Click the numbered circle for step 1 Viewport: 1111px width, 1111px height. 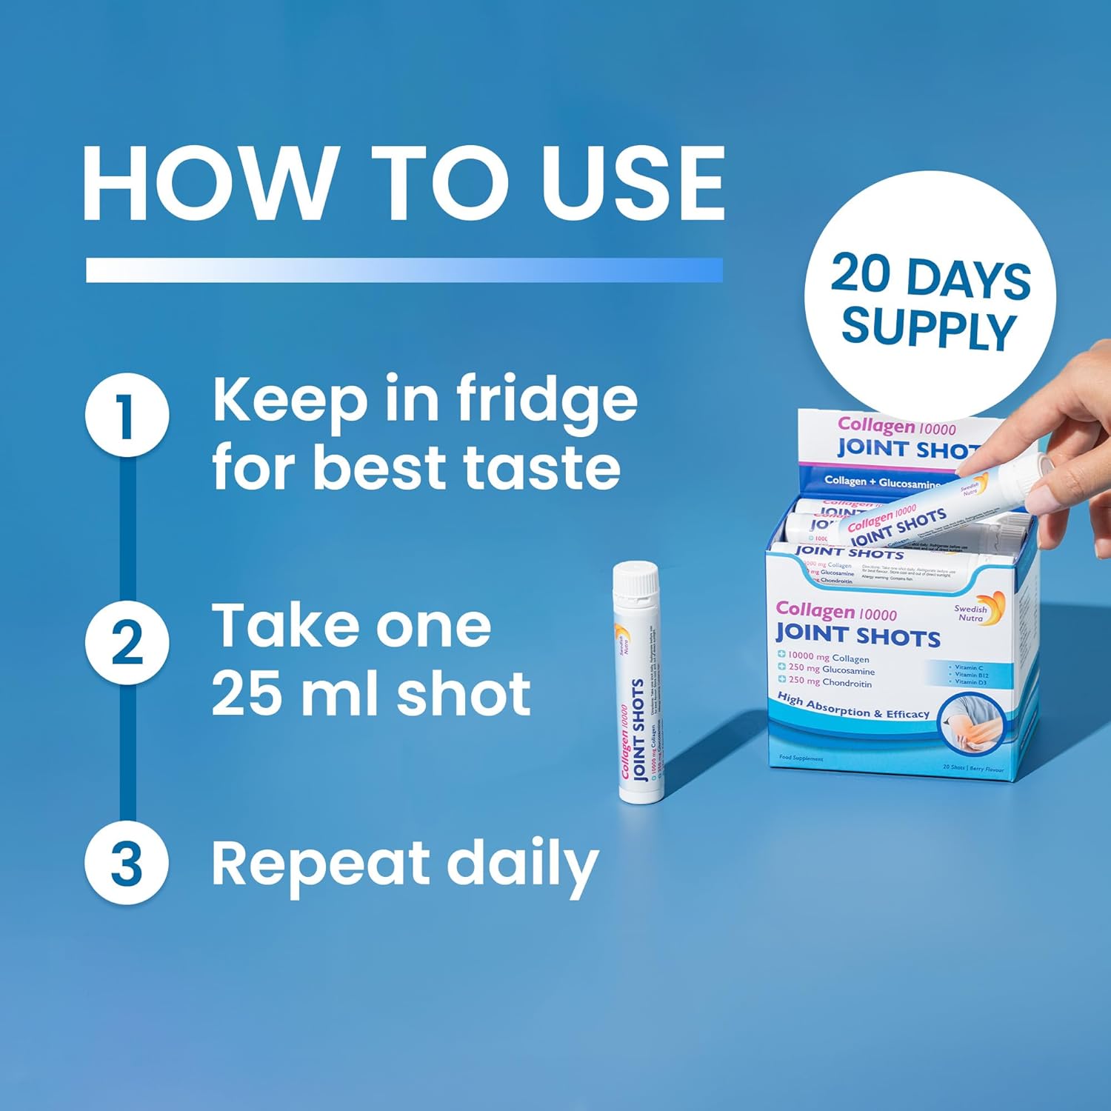pyautogui.click(x=127, y=415)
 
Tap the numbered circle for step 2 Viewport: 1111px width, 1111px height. pyautogui.click(x=127, y=642)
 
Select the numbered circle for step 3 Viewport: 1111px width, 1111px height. pyautogui.click(x=127, y=863)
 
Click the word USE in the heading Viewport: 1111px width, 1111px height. pyautogui.click(x=633, y=183)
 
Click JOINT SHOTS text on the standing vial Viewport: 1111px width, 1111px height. pyautogui.click(x=638, y=730)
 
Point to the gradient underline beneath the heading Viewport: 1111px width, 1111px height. pyautogui.click(x=404, y=270)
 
